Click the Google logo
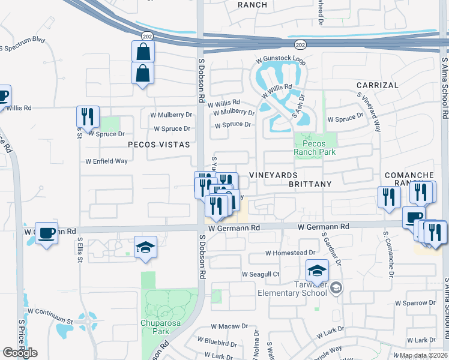(x=20, y=352)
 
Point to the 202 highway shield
(x=301, y=44)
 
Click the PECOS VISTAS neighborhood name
(x=158, y=145)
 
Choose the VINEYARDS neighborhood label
(x=273, y=175)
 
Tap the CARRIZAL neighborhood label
(x=378, y=85)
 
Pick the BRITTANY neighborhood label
(x=310, y=184)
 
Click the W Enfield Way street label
(x=106, y=161)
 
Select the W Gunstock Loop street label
(x=281, y=61)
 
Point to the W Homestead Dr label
(x=291, y=253)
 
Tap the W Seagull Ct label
(x=261, y=274)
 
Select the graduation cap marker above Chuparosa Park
(x=145, y=247)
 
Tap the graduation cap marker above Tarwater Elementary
(x=317, y=271)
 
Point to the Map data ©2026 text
(x=424, y=355)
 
